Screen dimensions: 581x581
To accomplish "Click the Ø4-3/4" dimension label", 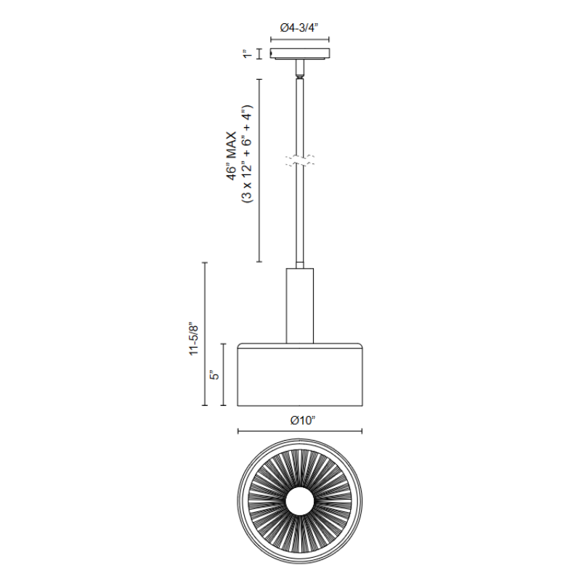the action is click(x=299, y=28).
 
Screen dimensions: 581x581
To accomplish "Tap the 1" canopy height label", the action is click(x=247, y=54).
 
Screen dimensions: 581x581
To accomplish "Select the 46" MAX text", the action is click(x=232, y=156).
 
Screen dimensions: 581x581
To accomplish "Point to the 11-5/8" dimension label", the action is click(x=194, y=339).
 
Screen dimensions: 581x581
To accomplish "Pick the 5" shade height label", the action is click(x=214, y=375).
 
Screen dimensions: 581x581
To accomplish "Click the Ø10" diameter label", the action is click(x=303, y=420).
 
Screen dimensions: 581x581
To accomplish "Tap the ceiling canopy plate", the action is click(x=300, y=54).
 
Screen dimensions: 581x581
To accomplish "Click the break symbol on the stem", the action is click(x=300, y=160).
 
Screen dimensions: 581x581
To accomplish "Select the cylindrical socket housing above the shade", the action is click(x=300, y=306).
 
